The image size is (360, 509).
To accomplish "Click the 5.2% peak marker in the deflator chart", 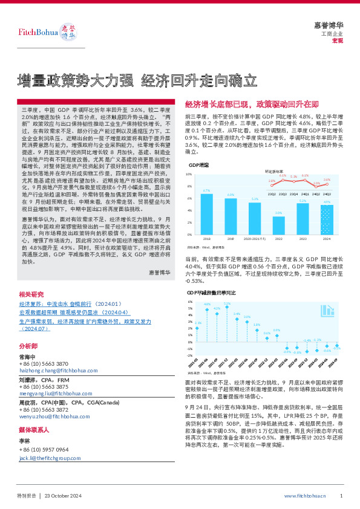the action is (227, 305).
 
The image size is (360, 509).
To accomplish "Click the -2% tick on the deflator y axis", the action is (190, 355).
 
